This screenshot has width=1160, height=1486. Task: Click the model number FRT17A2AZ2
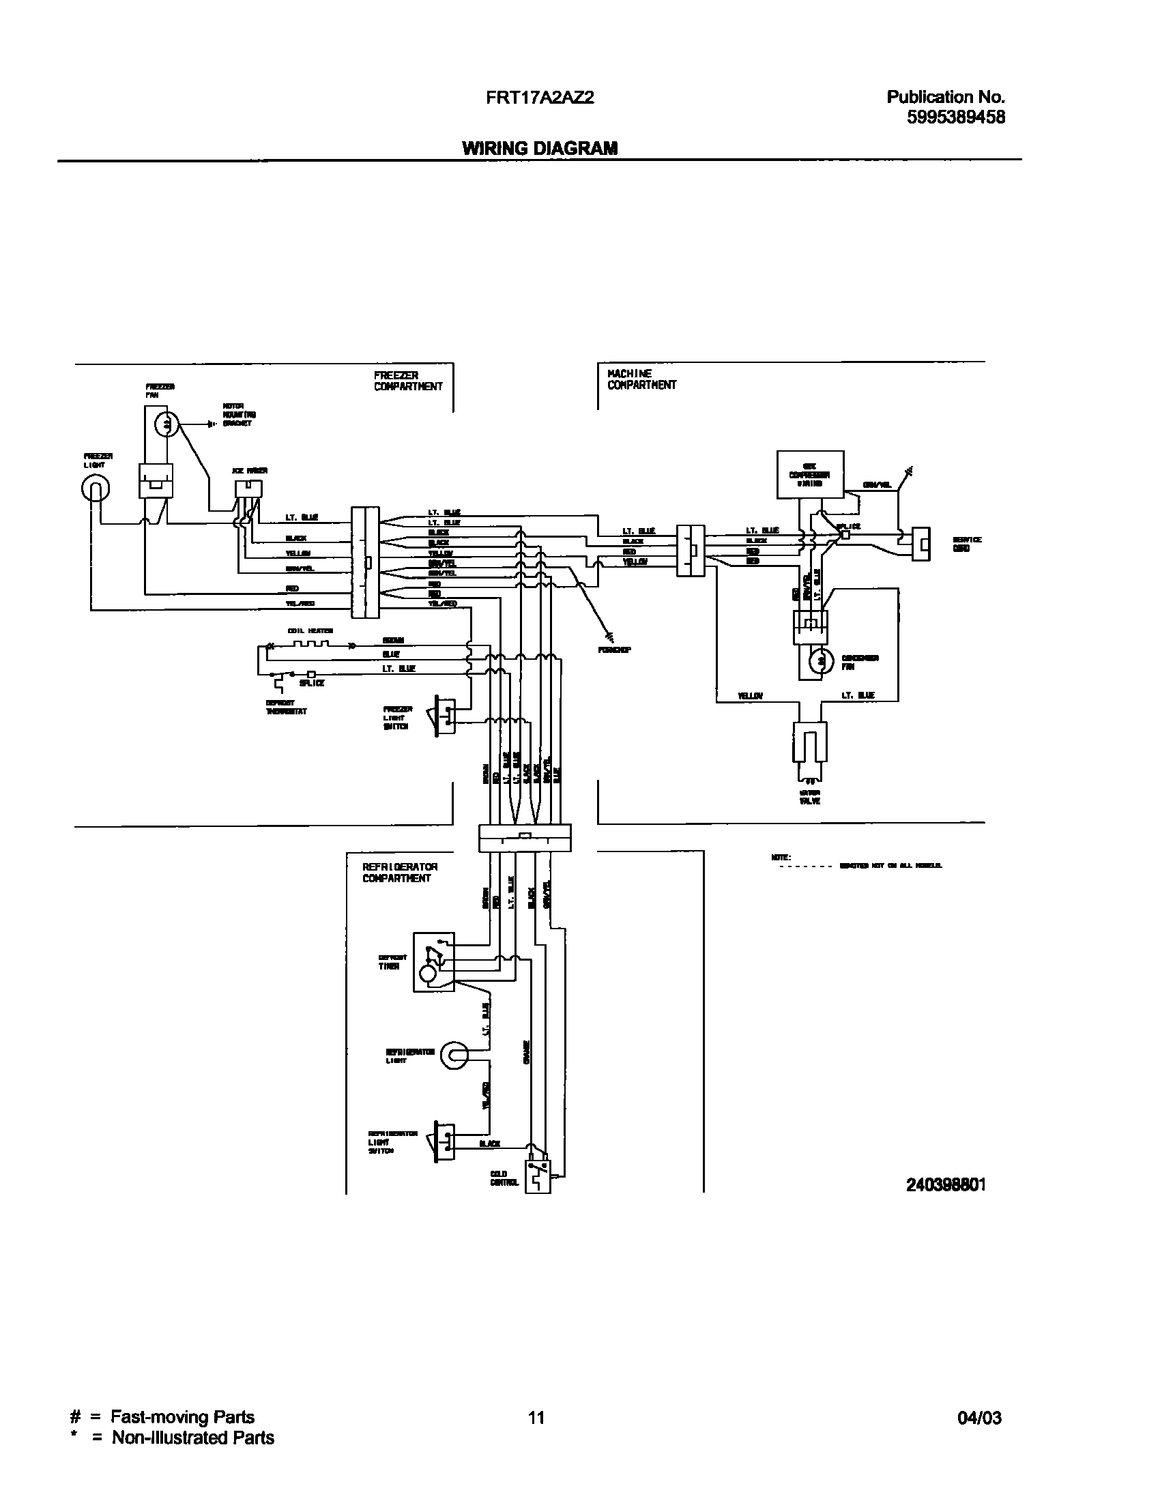pyautogui.click(x=540, y=98)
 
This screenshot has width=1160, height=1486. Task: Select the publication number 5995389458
pyautogui.click(x=955, y=117)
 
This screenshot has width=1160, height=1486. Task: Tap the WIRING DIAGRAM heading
pyautogui.click(x=540, y=148)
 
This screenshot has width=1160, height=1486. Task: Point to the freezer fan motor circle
pyautogui.click(x=166, y=425)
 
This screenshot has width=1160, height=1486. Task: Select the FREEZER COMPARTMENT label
pyautogui.click(x=407, y=381)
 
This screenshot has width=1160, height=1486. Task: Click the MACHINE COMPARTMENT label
pyautogui.click(x=641, y=379)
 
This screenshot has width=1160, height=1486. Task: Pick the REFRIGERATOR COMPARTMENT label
pyautogui.click(x=400, y=873)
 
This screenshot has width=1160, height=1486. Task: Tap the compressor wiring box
pyautogui.click(x=810, y=474)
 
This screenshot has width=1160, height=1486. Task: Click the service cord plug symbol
pyautogui.click(x=921, y=543)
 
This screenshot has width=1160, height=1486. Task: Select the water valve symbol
pyautogui.click(x=809, y=747)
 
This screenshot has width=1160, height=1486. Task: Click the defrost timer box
pyautogui.click(x=433, y=962)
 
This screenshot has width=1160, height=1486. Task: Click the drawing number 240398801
pyautogui.click(x=946, y=1185)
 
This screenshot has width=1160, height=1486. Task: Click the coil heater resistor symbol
pyautogui.click(x=311, y=645)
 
